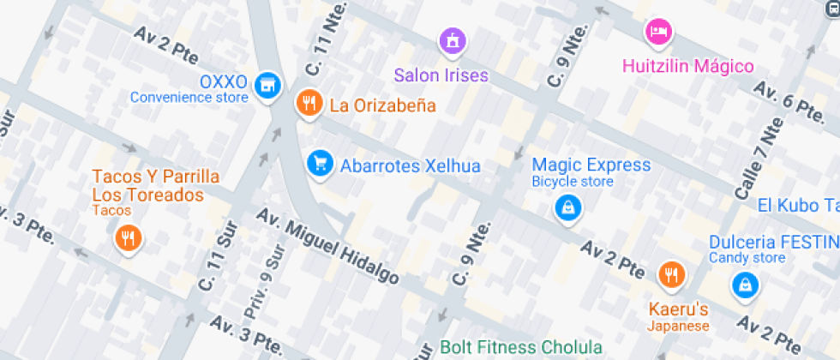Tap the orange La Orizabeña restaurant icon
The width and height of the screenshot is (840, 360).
pyautogui.click(x=308, y=105)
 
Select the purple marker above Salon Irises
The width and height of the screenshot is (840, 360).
pyautogui.click(x=452, y=39)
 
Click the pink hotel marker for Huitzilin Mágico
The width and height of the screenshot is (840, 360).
pyautogui.click(x=657, y=32)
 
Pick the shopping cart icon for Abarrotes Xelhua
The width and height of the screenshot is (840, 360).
pyautogui.click(x=320, y=162)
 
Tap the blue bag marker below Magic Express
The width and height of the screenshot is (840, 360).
pyautogui.click(x=567, y=207)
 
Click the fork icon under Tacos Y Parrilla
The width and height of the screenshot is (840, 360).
pyautogui.click(x=128, y=238)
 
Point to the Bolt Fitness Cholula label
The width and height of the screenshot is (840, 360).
pyautogui.click(x=520, y=348)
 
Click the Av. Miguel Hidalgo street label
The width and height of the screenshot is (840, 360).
pyautogui.click(x=328, y=248)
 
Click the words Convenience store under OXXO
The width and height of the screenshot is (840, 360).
pyautogui.click(x=189, y=98)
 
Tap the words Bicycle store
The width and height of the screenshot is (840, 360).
pyautogui.click(x=572, y=182)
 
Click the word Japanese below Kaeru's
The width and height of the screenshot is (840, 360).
pyautogui.click(x=677, y=326)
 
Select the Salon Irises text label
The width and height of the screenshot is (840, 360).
pyautogui.click(x=441, y=75)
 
